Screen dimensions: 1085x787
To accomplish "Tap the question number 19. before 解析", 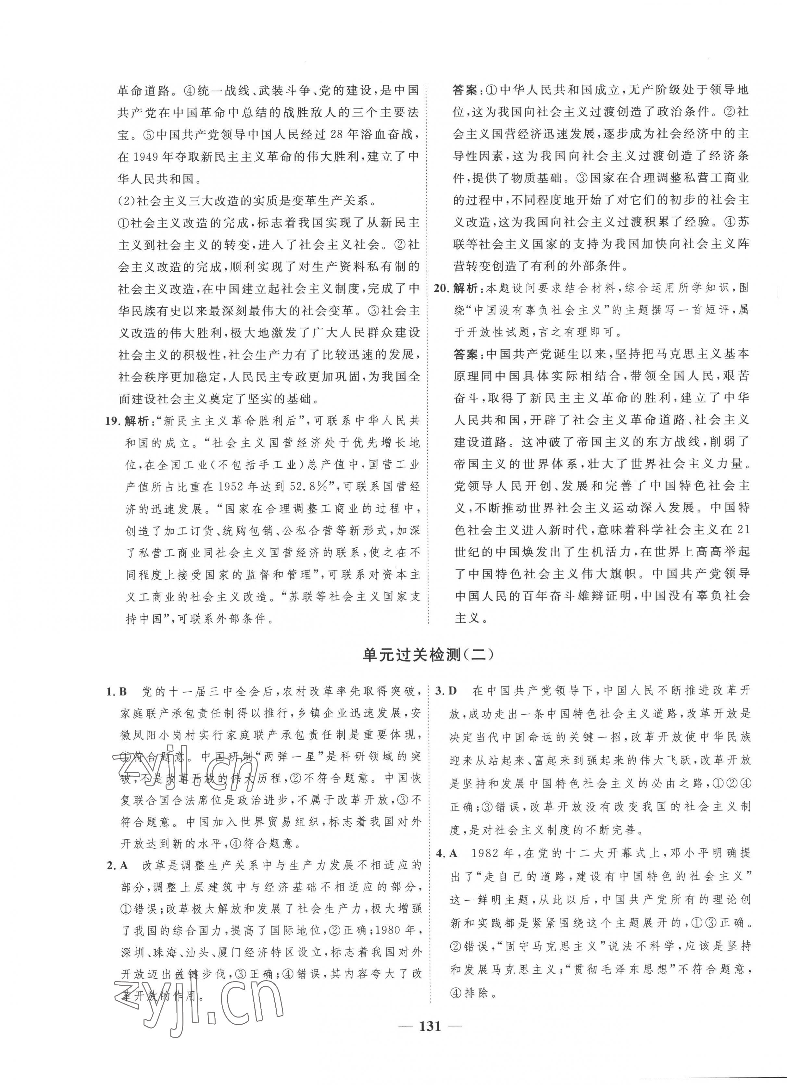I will coord(113,421).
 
